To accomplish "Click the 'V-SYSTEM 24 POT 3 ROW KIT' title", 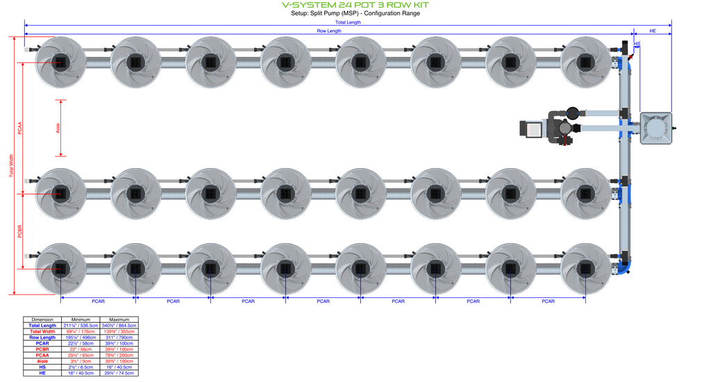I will coord(355,5).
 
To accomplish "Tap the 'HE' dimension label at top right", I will coord(653,31).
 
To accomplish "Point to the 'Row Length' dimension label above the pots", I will coord(329,31).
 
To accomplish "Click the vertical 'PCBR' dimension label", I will coord(19,231).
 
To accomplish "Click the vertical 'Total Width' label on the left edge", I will coord(10,165).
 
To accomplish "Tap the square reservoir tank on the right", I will coord(655,128).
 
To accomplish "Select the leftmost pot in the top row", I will coord(61,63).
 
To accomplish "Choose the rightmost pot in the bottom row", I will coord(585,268).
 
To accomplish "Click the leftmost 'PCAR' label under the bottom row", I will coord(98,301).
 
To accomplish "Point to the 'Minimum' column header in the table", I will coord(81,319).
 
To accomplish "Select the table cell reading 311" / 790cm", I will coord(118,338).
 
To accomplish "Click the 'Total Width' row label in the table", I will coord(43,331).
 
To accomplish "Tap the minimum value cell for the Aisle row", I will coord(81,361).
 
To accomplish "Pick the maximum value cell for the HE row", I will coord(118,374).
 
